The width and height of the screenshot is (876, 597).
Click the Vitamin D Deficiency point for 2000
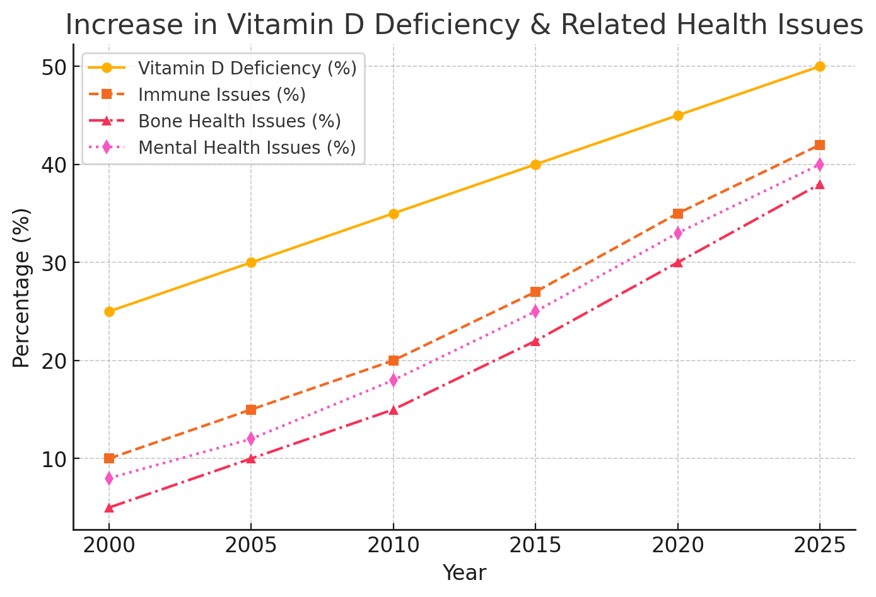[109, 311]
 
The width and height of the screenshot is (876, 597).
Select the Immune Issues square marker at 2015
[535, 292]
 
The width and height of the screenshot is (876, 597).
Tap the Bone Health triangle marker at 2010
[394, 410]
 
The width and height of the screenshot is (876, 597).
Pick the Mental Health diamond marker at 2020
[678, 233]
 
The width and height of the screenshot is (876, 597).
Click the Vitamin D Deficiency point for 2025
[820, 66]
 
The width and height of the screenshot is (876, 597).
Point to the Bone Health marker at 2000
[109, 507]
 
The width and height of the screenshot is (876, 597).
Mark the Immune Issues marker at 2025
[820, 145]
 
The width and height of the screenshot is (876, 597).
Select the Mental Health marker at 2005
[251, 439]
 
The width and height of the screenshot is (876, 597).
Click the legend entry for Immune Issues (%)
[221, 95]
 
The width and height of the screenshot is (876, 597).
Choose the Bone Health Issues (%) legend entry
[239, 121]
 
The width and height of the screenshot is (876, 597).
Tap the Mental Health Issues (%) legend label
[247, 148]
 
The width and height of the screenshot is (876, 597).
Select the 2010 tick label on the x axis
[394, 545]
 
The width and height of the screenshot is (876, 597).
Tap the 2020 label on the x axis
[678, 545]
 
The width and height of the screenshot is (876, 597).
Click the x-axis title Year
[464, 573]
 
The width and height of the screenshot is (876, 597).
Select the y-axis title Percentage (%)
[21, 287]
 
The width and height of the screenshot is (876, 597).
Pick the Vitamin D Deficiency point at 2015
[535, 165]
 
